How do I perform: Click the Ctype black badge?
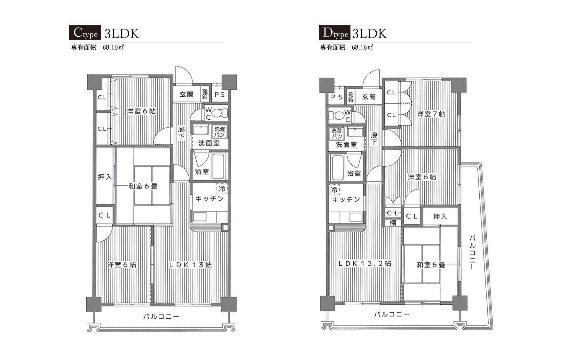(85, 33)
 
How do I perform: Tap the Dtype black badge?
(334, 33)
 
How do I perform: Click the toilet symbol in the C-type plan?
(220, 113)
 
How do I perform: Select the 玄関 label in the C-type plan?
(186, 94)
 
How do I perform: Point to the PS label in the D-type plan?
(336, 97)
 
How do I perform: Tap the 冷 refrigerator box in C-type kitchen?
(222, 189)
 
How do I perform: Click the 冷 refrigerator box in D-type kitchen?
(334, 190)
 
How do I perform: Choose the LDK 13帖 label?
(191, 265)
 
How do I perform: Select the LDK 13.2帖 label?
(365, 264)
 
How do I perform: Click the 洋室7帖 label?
(431, 114)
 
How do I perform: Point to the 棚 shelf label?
(393, 223)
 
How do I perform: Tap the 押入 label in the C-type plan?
(105, 177)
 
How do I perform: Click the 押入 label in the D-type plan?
(440, 217)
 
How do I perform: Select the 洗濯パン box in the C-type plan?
(220, 132)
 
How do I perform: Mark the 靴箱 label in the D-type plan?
(351, 97)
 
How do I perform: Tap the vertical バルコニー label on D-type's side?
(472, 252)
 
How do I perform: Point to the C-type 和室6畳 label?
(143, 186)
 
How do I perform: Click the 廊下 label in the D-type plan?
(374, 139)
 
